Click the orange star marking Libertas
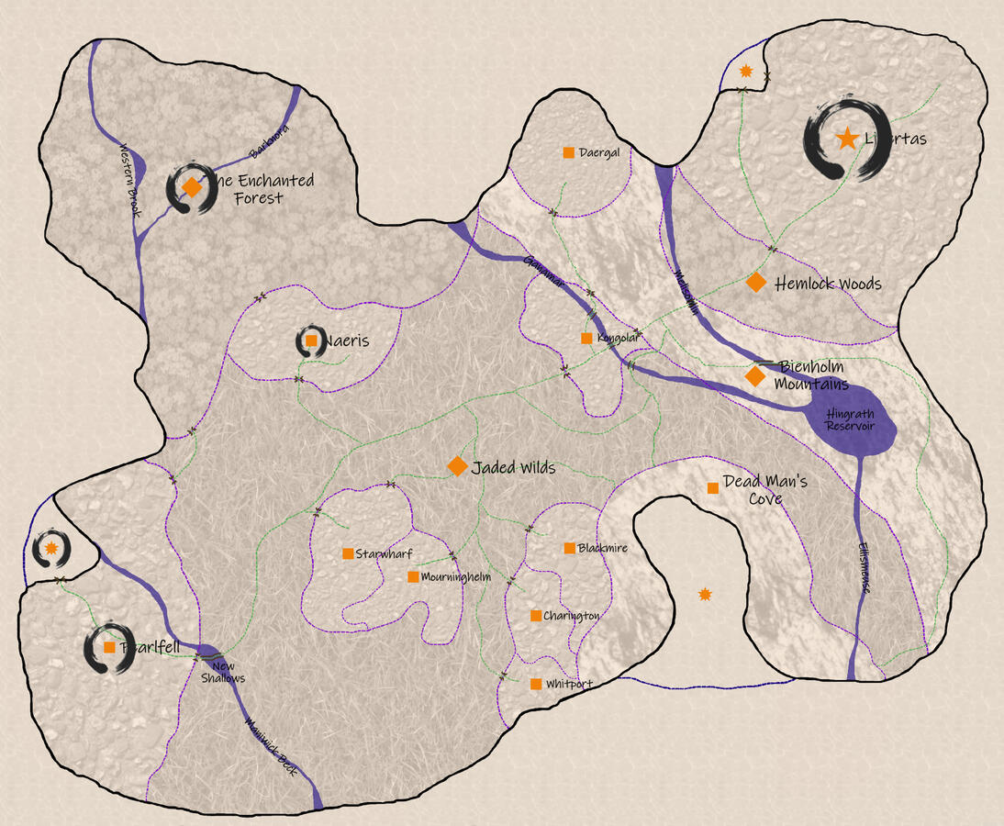[847, 139]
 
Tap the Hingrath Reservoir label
[849, 419]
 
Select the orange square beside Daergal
[569, 152]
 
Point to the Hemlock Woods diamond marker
[755, 283]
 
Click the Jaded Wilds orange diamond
[457, 466]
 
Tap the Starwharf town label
[385, 553]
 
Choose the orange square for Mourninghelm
[413, 577]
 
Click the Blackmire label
[603, 548]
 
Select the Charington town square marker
[536, 616]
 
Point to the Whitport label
[569, 685]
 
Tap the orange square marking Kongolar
[586, 339]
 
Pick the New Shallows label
[224, 673]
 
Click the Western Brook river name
[129, 180]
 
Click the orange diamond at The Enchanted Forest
[191, 187]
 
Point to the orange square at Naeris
[311, 340]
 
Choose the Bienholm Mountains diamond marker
[755, 376]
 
